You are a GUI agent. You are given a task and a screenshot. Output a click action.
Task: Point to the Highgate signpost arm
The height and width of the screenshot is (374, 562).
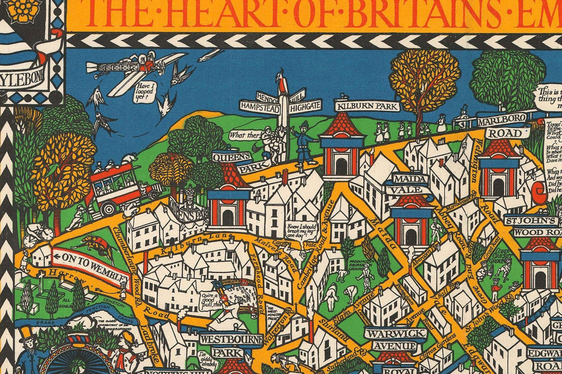click(x=305, y=106)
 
